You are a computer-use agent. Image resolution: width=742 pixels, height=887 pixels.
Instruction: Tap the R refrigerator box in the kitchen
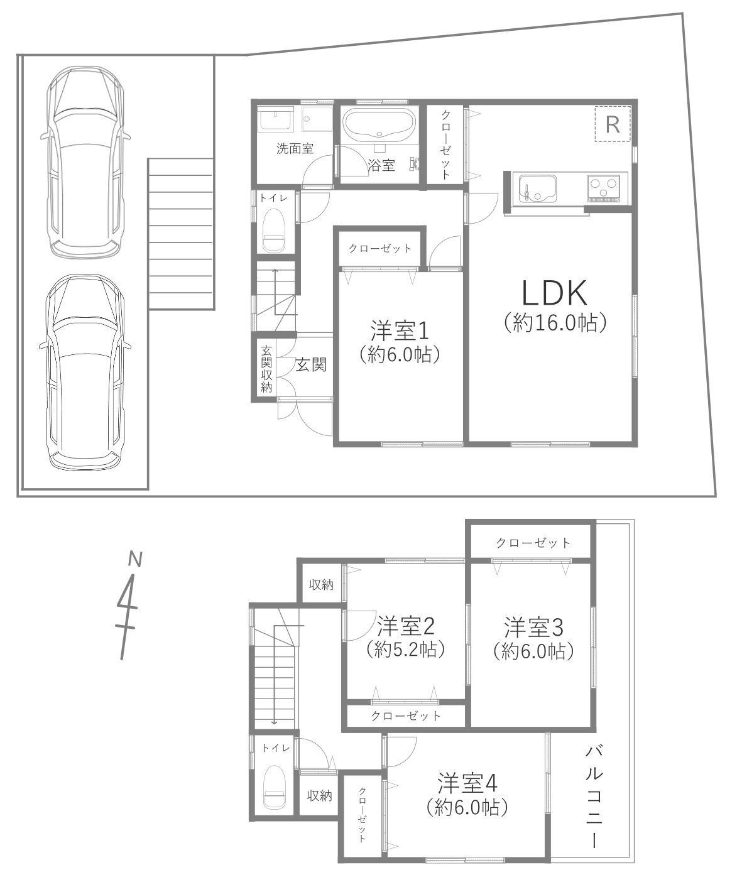[x=613, y=124]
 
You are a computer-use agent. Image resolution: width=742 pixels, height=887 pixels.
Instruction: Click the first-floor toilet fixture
[x=275, y=229]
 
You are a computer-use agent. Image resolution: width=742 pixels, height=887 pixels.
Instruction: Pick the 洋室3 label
[x=533, y=628]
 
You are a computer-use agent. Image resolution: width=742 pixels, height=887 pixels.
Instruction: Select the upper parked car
[x=85, y=162]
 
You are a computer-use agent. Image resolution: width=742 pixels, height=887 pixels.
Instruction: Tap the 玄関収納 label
[x=266, y=369]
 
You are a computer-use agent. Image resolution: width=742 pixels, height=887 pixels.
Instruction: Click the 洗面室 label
[x=295, y=149]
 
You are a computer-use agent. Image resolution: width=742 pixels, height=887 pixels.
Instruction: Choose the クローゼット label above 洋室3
[x=533, y=543]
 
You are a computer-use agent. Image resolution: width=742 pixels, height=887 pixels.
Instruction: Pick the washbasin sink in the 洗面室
[x=276, y=118]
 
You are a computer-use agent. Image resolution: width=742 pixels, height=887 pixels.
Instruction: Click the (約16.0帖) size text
[x=555, y=322]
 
